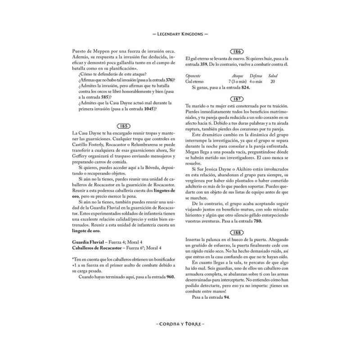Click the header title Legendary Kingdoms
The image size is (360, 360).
[180, 34]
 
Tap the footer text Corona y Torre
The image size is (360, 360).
[180, 323]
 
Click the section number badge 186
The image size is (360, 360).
[237, 52]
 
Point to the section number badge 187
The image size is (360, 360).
[237, 98]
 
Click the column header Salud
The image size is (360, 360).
[273, 76]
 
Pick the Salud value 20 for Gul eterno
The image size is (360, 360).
[273, 81]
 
